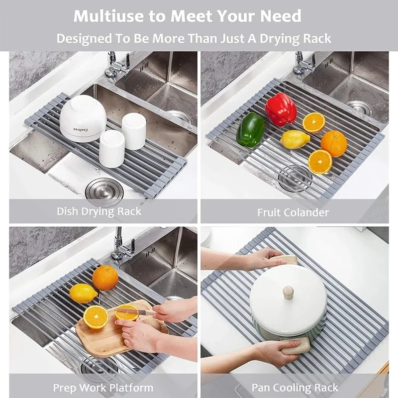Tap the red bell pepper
[281, 109]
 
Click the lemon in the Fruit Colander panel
[296, 139]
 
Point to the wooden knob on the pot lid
[288, 292]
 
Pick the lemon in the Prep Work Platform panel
[83, 293]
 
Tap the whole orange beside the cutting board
[105, 278]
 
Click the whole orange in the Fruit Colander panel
[334, 143]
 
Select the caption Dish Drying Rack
[99, 211]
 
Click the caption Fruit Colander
[293, 212]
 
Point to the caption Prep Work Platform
[103, 388]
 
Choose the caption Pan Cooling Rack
[295, 388]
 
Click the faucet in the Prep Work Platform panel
[120, 244]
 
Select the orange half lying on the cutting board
[96, 317]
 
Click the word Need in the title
[280, 16]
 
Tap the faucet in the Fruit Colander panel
[302, 64]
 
